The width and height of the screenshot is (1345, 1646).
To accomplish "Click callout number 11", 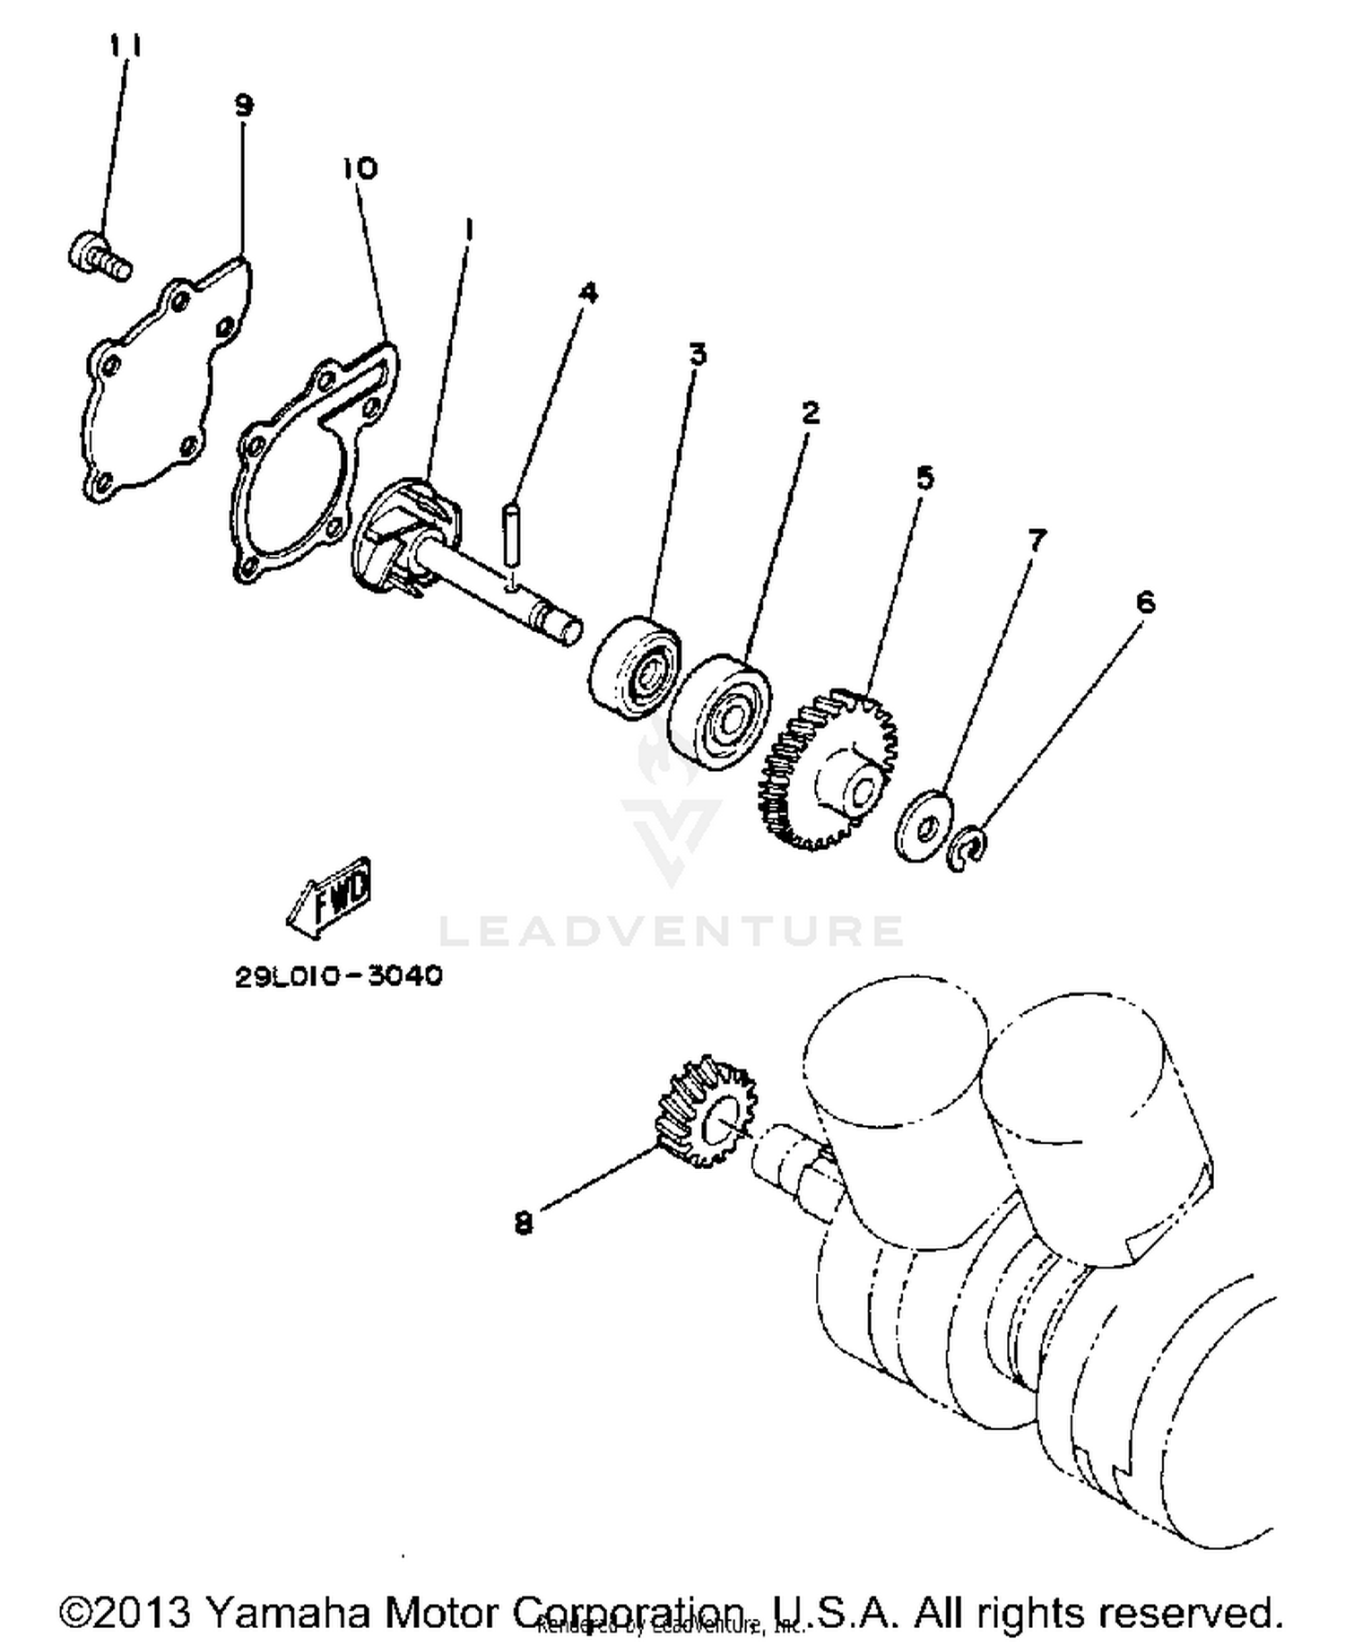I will coord(126,45).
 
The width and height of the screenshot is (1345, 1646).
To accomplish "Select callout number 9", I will coord(243,105).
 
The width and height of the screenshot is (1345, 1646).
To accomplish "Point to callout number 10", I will coord(360,168).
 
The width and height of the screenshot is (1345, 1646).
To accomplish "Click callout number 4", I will coord(588,292).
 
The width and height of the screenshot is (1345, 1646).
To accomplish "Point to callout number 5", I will coord(924,477).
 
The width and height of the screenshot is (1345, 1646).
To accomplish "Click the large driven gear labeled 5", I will coord(829,771).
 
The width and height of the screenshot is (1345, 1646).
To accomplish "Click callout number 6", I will coord(1145,602).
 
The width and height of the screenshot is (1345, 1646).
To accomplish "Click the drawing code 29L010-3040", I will coord(339,975).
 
